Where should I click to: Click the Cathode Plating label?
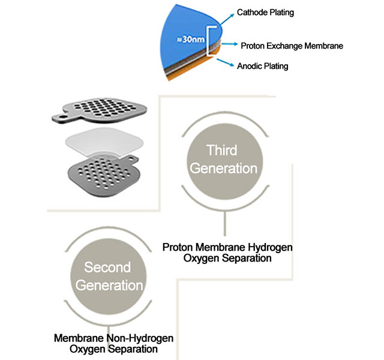[x=265, y=13]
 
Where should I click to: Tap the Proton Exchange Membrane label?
[x=292, y=46]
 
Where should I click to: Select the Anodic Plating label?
[x=262, y=66]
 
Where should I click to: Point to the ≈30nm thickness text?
[x=191, y=39]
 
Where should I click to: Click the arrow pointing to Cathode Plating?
[x=227, y=19]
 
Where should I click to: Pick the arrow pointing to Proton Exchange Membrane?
[x=229, y=44]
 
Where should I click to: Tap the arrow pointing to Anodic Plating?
[x=226, y=62]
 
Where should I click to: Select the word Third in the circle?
[x=222, y=150]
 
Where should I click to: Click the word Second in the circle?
[x=107, y=267]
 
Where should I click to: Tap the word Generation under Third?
[x=223, y=169]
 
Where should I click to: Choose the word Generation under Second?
[x=109, y=286]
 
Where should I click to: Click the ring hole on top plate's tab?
[x=63, y=117]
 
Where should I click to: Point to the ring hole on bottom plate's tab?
[x=131, y=160]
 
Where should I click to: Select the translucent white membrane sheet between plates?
[x=104, y=142]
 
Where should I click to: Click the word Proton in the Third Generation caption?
[x=178, y=247]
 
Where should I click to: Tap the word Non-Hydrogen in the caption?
[x=140, y=338]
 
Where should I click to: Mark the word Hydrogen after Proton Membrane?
[x=270, y=247]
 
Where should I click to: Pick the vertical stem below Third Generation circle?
[x=225, y=223]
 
